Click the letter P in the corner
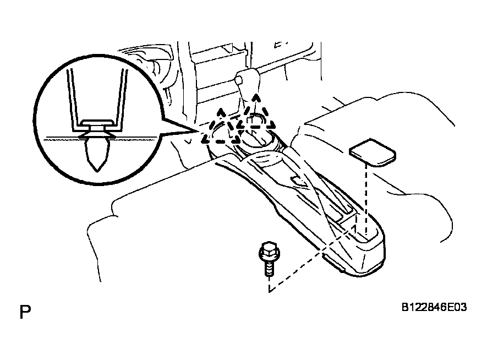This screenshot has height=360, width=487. pos(25,312)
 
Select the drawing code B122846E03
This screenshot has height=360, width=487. pos(434,307)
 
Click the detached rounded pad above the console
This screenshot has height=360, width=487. pos(373,152)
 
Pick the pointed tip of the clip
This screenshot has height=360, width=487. pos(97,170)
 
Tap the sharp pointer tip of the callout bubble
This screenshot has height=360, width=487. pos(196,132)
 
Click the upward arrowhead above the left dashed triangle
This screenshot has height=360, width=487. pos(221,112)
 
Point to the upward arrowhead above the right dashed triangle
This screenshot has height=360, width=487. pos(256,98)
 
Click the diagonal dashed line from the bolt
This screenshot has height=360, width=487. pos(311,259)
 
